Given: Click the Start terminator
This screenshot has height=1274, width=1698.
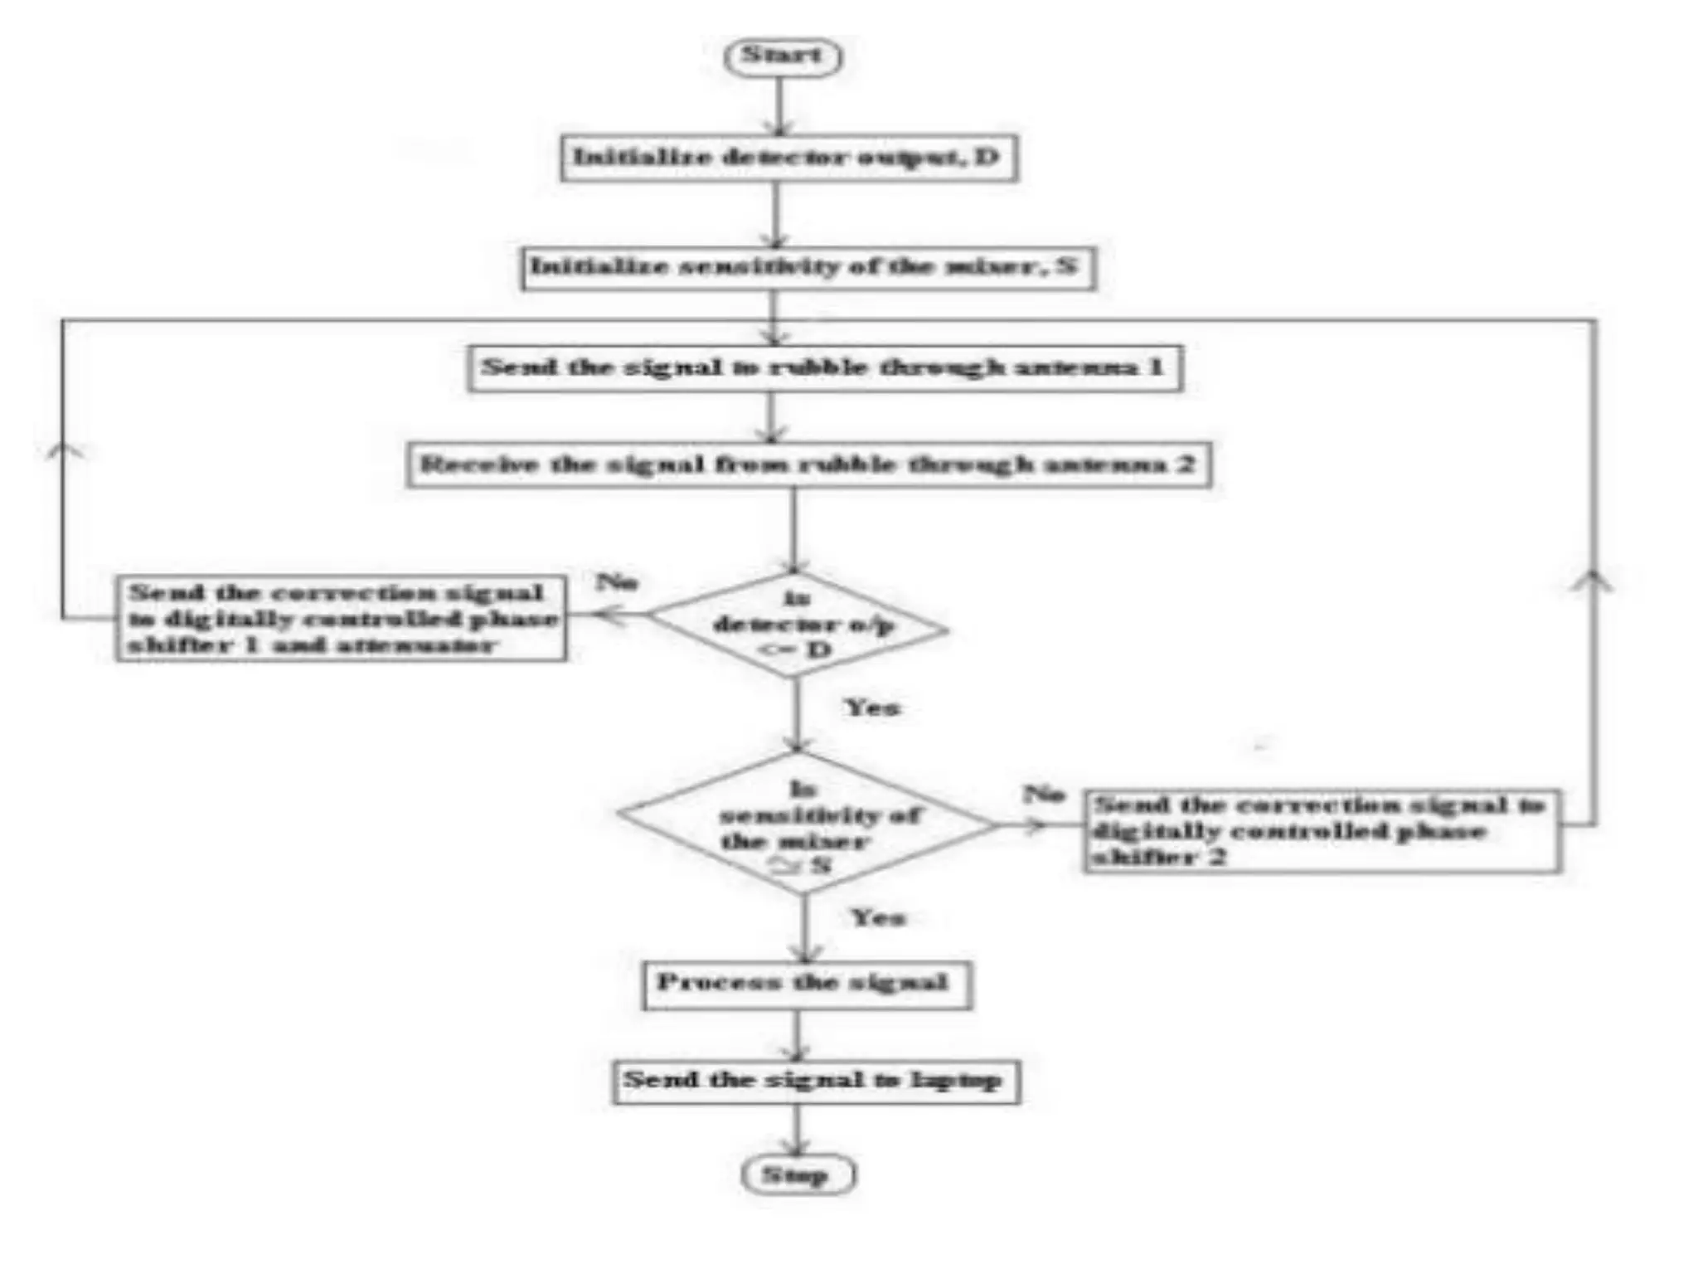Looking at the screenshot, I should click(783, 56).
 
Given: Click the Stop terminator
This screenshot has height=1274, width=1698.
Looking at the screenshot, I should click(798, 1174).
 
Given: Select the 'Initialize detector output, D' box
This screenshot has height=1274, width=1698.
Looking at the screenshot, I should click(788, 158).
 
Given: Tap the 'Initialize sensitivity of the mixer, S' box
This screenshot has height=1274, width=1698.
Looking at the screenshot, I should click(808, 267).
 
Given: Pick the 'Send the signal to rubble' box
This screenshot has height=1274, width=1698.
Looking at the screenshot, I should click(824, 367).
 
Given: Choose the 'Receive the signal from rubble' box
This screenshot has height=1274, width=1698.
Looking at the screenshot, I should click(808, 464).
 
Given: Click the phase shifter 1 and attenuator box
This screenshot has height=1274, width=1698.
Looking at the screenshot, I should click(341, 619).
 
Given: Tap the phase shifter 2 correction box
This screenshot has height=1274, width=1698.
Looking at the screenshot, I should click(1322, 831).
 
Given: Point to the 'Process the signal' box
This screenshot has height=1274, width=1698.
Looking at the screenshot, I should click(806, 985).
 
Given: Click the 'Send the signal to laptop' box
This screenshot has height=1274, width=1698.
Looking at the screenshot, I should click(815, 1081).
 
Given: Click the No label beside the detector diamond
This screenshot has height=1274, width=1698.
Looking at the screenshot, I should click(618, 581).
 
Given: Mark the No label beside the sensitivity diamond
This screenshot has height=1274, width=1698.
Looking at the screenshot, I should click(1043, 794).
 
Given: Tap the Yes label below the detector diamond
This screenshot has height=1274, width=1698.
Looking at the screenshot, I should click(871, 708).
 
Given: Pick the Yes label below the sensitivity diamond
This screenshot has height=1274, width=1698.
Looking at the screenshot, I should click(878, 917).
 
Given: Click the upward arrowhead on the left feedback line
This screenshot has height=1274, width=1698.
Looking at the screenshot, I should click(64, 450).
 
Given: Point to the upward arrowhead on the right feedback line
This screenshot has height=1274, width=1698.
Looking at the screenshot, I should click(1593, 581).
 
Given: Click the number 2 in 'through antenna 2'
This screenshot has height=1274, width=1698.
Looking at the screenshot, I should click(1186, 463).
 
